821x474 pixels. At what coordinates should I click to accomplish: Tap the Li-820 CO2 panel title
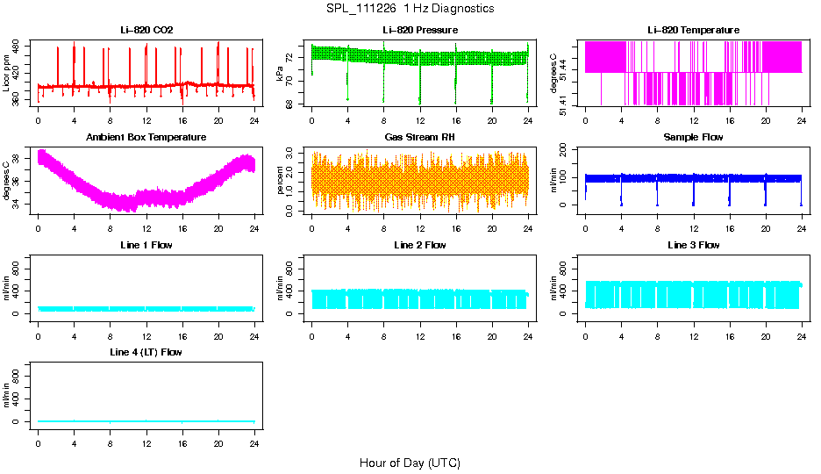146,30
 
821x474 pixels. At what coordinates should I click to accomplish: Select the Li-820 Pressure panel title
420,30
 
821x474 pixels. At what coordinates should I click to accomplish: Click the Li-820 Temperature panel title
693,30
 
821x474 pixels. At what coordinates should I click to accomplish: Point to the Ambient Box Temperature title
146,138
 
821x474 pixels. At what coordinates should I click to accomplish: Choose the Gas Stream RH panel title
420,138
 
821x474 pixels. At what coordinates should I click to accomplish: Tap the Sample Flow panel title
693,138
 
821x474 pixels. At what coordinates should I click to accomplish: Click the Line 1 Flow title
146,245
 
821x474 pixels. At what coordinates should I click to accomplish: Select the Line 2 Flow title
420,245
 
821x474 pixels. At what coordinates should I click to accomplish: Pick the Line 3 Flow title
693,245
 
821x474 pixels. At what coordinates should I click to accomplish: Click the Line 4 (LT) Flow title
146,352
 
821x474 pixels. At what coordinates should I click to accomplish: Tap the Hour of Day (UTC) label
410,463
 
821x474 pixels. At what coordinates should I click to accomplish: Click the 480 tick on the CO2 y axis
18,45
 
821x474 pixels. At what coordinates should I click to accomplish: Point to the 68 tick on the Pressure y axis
291,104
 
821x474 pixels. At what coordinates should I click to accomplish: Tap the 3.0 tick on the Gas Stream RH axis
291,154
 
